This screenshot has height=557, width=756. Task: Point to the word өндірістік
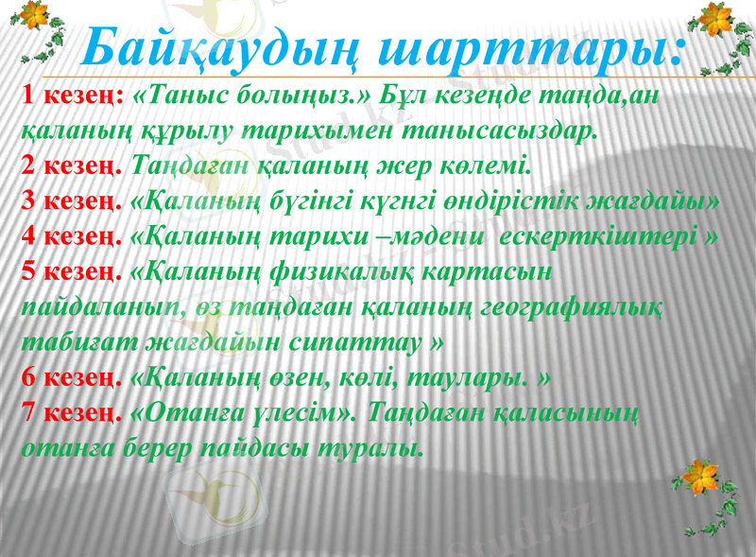point(547,202)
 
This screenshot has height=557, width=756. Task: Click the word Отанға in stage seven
point(189,412)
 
